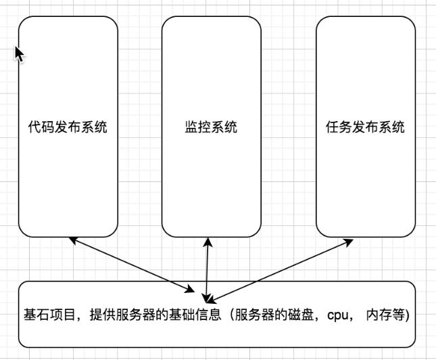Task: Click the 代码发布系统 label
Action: pyautogui.click(x=68, y=127)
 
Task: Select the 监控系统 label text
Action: pyautogui.click(x=211, y=127)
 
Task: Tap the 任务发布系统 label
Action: pyautogui.click(x=365, y=127)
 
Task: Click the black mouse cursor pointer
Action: pyautogui.click(x=19, y=54)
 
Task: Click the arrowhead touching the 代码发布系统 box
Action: pyautogui.click(x=72, y=239)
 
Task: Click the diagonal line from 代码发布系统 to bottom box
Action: pyautogui.click(x=135, y=267)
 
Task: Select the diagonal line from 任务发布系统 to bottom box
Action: pyautogui.click(x=284, y=267)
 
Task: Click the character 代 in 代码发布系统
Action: pyautogui.click(x=34, y=127)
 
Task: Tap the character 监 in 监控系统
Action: pyautogui.click(x=191, y=127)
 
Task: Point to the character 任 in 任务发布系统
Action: pyautogui.click(x=331, y=127)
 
